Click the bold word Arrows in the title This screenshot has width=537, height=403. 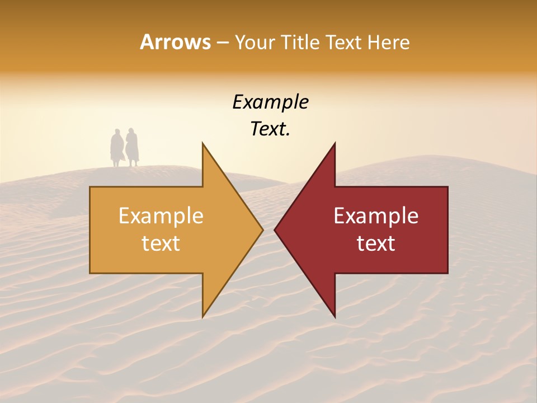[x=175, y=42]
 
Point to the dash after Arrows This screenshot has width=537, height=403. [x=222, y=43]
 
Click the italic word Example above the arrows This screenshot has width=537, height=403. [x=270, y=102]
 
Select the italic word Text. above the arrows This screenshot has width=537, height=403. [x=270, y=129]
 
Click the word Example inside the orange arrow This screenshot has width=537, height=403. [x=161, y=215]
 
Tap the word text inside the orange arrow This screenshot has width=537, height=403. [x=161, y=243]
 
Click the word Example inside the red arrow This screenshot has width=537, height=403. [x=376, y=215]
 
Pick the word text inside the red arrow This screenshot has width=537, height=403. [x=376, y=243]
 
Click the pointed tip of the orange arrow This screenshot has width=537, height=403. [x=262, y=229]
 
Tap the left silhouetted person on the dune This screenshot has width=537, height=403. [x=117, y=148]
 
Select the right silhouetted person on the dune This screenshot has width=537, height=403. [x=132, y=147]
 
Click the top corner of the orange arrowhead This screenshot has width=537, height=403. [x=203, y=144]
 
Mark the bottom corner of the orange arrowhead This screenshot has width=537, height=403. [x=203, y=316]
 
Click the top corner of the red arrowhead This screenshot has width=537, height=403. [x=335, y=144]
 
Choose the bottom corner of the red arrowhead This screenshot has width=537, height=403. [x=335, y=316]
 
